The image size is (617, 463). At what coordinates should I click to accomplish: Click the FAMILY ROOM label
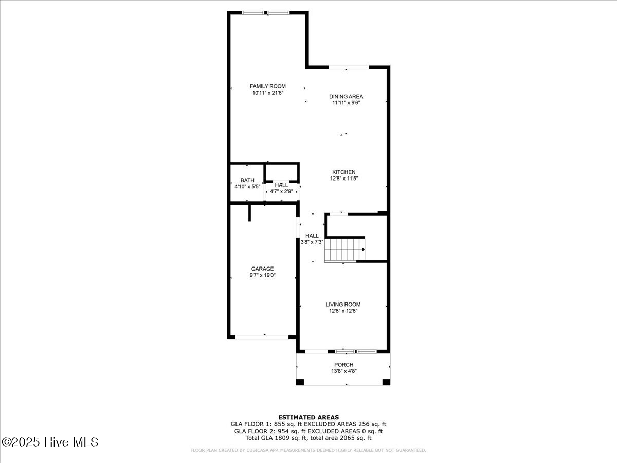pos(267,86)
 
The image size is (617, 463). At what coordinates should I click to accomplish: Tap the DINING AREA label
pos(346,96)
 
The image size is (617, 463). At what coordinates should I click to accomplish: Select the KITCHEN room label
pos(343,172)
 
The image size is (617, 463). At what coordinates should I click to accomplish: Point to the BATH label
pos(247,180)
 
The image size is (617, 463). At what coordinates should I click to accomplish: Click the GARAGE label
pos(262,269)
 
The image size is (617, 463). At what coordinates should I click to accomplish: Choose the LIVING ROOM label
pos(343,305)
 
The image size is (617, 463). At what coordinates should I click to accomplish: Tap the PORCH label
pos(343,365)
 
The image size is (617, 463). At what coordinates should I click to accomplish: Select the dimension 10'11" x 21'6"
pos(267,93)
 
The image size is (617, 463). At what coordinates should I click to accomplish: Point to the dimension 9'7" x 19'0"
pos(262,275)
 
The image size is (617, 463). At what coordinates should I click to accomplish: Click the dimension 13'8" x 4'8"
pos(343,371)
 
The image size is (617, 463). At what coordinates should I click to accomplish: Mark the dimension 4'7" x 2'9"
pos(281,191)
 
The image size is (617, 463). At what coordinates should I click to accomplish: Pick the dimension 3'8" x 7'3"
pos(312,242)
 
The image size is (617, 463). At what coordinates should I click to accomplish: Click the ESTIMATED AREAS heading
pos(308,417)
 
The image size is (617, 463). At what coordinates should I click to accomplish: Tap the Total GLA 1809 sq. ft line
pos(308,438)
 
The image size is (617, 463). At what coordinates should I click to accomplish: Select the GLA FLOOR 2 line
pos(308,431)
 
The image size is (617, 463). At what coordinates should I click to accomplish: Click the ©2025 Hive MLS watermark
pos(50,442)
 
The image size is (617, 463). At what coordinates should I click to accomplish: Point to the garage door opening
pos(262,337)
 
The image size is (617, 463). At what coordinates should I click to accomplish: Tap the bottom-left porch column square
pos(300,382)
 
